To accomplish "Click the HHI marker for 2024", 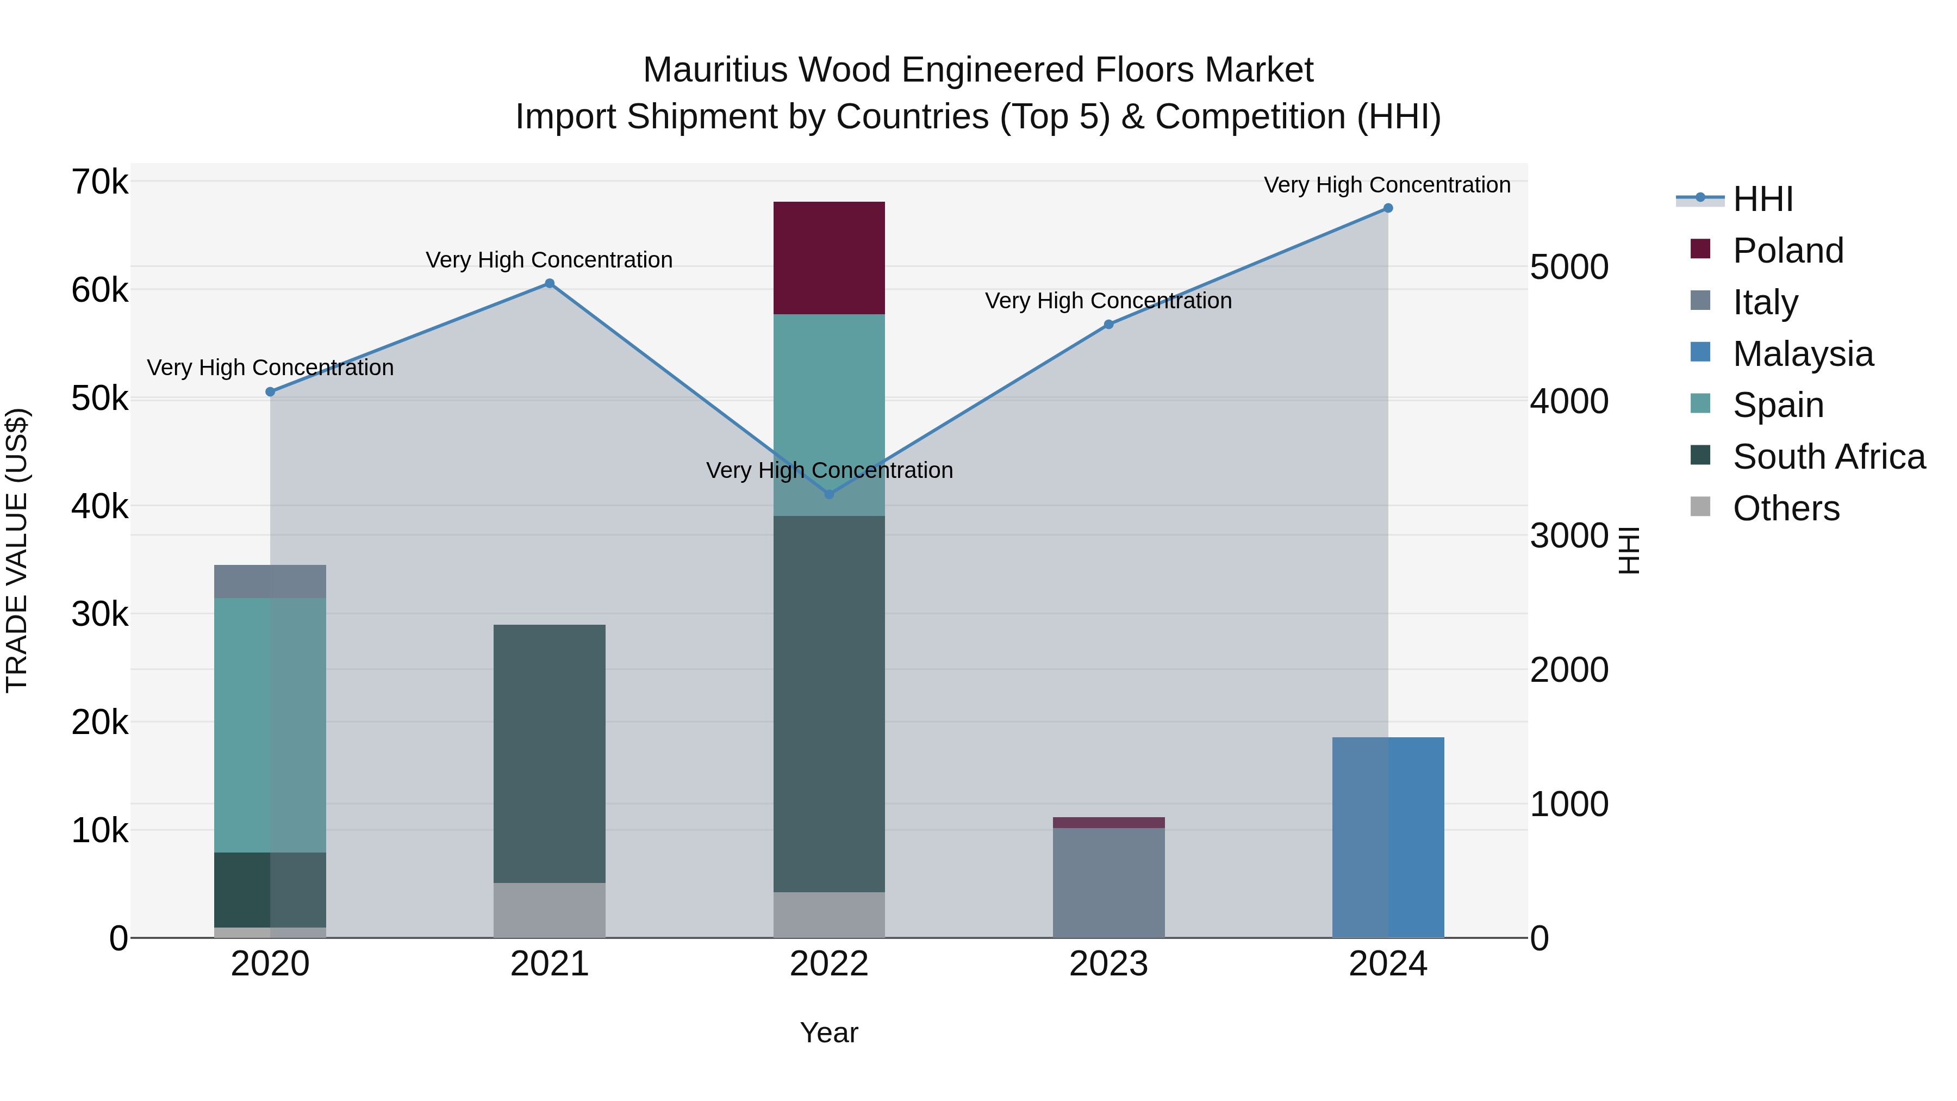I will click(1387, 208).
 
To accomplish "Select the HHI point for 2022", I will click(829, 494).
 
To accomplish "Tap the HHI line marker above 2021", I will click(549, 283).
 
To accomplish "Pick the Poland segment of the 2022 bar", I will click(829, 258).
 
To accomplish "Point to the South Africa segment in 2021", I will click(549, 753).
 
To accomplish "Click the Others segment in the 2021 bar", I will click(549, 910).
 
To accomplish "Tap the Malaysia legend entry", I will click(1802, 353).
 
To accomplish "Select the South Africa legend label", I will click(1828, 457).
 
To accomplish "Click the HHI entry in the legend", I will click(1762, 199).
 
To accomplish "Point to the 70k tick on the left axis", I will click(99, 182).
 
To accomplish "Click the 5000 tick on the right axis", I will click(1569, 267).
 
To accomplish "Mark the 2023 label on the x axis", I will click(1108, 964).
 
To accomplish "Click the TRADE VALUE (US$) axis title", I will click(17, 550).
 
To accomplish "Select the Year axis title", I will click(829, 1032).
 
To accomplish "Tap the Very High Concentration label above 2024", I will click(1387, 185).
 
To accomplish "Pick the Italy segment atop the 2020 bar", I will click(270, 581).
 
